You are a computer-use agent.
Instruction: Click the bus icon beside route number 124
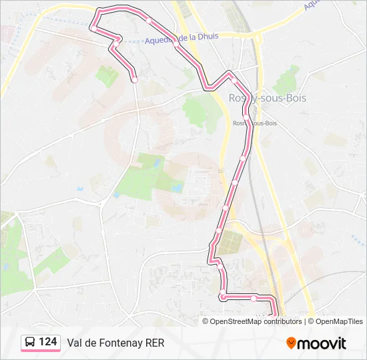click(30, 343)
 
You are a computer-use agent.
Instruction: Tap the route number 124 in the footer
click(48, 342)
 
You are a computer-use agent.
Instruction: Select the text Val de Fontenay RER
click(115, 343)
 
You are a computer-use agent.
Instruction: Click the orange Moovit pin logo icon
click(291, 343)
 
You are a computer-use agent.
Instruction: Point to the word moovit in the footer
click(322, 343)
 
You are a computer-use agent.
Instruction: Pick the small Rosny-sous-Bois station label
click(255, 123)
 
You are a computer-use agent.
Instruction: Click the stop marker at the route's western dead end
click(135, 79)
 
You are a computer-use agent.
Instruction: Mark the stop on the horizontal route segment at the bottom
click(254, 298)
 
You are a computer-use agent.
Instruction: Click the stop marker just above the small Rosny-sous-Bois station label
click(246, 117)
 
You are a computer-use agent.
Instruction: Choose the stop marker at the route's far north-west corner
click(93, 29)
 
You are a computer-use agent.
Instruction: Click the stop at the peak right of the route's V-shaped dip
click(234, 81)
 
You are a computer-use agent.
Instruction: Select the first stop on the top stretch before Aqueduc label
click(149, 21)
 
